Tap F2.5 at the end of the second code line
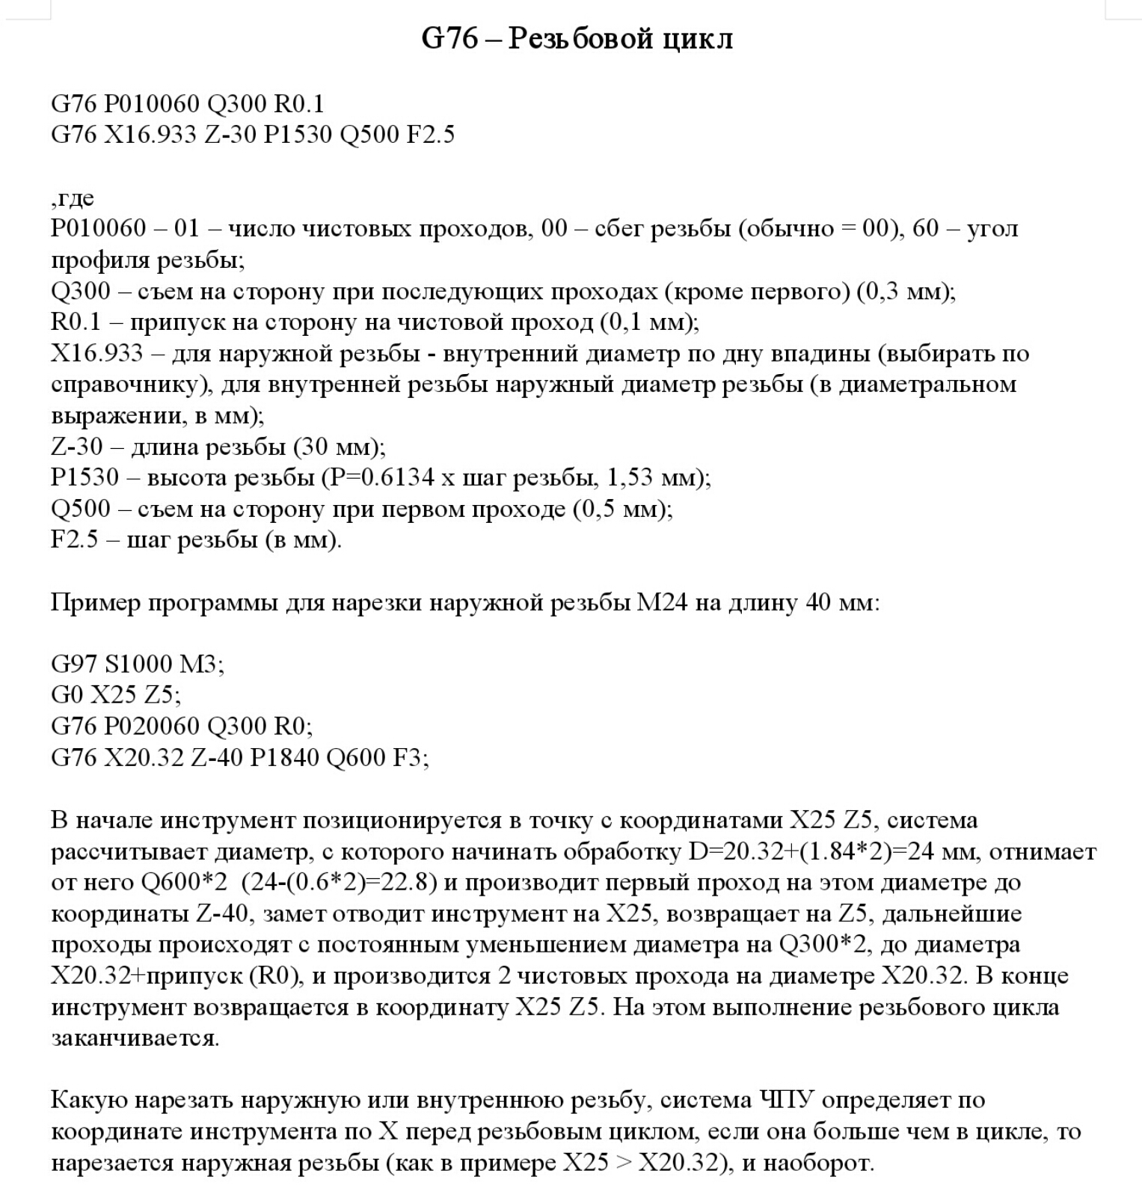click(x=430, y=135)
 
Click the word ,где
click(x=73, y=198)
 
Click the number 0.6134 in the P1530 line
click(x=388, y=477)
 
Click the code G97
click(x=74, y=664)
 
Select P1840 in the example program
click(x=284, y=758)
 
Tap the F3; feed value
click(x=411, y=758)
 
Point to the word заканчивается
click(x=135, y=1039)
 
